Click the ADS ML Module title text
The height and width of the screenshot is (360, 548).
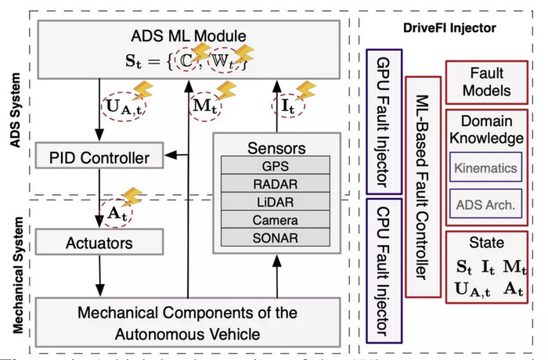click(x=188, y=35)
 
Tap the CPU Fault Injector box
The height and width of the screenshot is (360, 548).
click(x=384, y=267)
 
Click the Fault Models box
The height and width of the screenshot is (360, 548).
click(x=486, y=81)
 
